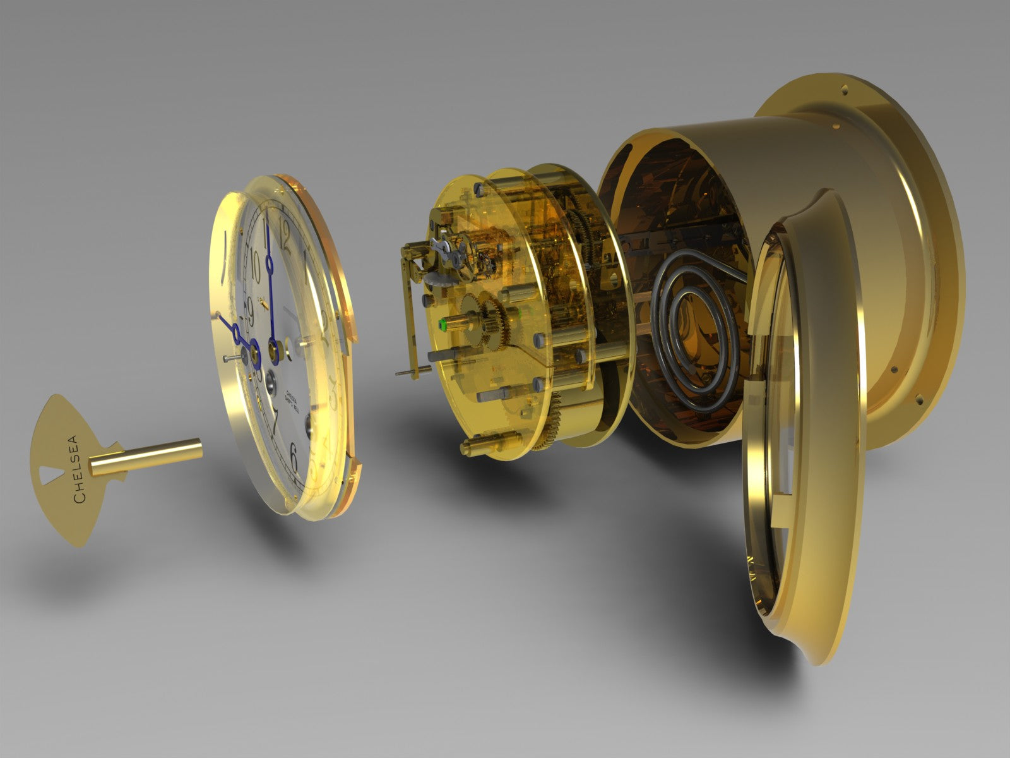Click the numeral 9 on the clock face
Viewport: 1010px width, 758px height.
point(248,309)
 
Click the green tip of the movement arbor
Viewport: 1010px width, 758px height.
point(443,326)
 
